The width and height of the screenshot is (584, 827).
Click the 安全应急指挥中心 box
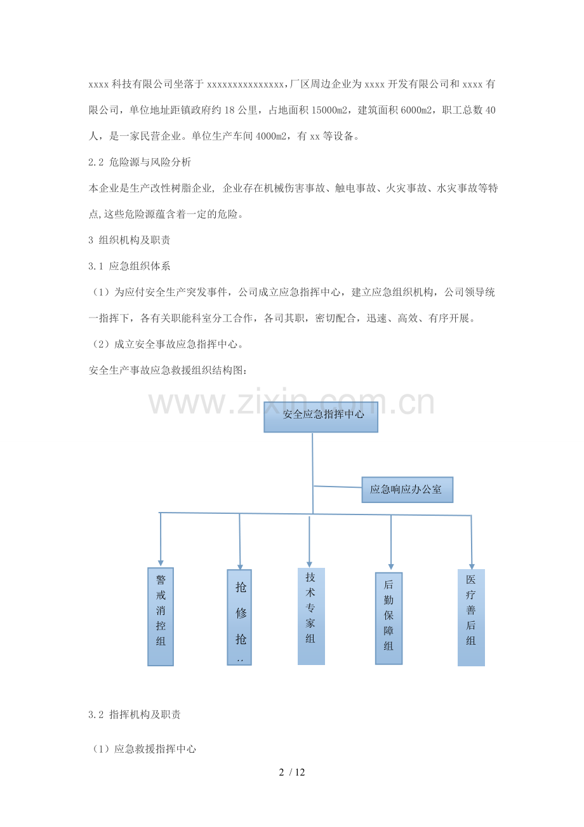321,417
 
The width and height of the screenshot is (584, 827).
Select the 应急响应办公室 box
408,490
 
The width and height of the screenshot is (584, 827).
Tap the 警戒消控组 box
161,617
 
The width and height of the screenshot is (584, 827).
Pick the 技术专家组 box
312,616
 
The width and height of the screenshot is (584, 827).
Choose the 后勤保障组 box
389,619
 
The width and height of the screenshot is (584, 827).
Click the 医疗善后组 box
471,617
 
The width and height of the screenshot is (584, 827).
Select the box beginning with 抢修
239,617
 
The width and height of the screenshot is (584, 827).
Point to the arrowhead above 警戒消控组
161,563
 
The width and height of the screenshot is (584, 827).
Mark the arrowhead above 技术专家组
310,565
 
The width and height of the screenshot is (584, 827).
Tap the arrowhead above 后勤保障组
391,567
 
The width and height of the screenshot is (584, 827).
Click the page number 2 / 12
292,772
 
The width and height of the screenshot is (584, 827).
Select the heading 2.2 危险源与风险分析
140,162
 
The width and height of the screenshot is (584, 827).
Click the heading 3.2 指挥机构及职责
135,715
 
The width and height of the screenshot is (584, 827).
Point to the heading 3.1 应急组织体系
129,266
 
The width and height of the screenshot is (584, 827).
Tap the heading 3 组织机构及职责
129,240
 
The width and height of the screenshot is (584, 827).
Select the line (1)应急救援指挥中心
142,749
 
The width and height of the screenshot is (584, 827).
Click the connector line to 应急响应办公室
337,487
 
